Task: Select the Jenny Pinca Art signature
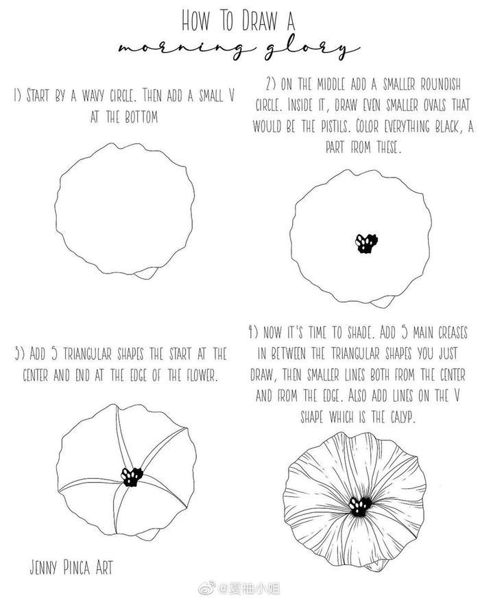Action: (71, 567)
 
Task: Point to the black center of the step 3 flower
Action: (132, 477)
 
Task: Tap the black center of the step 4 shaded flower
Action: (360, 506)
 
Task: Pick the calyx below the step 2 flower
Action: (382, 302)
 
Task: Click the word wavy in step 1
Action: (93, 95)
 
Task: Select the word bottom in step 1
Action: (141, 117)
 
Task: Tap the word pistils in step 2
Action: (336, 126)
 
